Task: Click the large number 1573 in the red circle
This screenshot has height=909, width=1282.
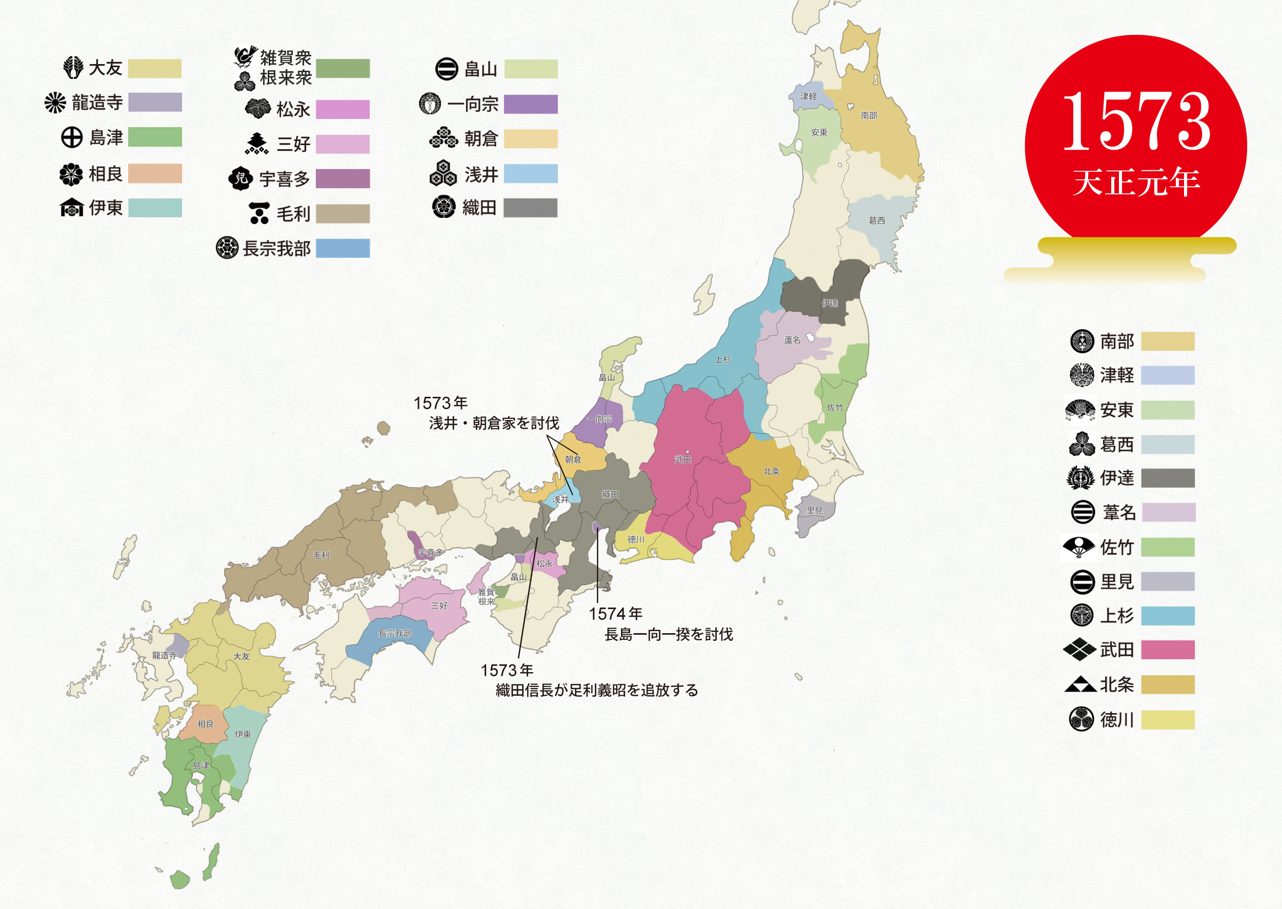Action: point(1136,122)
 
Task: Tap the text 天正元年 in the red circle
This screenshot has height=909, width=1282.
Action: point(1136,181)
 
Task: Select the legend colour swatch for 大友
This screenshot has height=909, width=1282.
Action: point(154,68)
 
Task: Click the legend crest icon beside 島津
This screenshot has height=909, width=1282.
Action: point(72,137)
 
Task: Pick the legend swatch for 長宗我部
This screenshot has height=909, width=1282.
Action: point(343,248)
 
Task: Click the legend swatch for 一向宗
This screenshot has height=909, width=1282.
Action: point(530,104)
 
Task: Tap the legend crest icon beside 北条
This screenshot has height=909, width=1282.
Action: point(1080,684)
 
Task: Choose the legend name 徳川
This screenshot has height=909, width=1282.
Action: point(1116,719)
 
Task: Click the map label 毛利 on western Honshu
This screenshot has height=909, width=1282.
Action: point(321,555)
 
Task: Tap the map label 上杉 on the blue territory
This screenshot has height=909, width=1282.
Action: point(723,359)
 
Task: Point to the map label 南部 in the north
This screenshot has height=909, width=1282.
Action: point(869,115)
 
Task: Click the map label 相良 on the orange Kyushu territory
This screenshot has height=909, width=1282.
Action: point(206,724)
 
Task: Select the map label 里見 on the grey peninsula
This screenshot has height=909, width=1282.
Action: point(814,511)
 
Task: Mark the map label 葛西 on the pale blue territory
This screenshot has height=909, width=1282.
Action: point(877,220)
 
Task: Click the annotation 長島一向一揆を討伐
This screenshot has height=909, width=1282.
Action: point(668,634)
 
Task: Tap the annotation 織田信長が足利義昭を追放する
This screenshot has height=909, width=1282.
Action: point(597,690)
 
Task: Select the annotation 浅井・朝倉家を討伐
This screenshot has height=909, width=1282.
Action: point(494,423)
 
